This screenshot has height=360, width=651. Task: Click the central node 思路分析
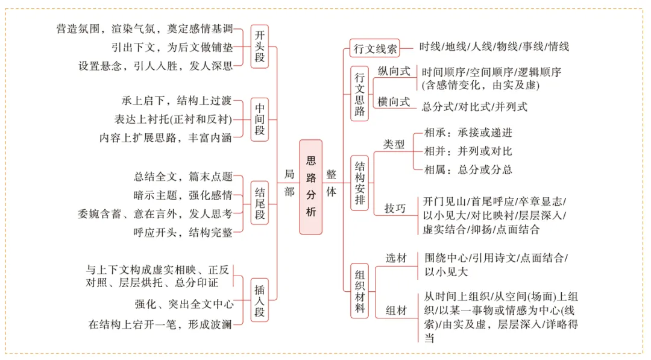click(310, 186)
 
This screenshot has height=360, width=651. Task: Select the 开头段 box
click(260, 46)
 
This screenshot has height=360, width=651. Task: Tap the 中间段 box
click(260, 119)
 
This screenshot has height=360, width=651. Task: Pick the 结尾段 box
click(260, 204)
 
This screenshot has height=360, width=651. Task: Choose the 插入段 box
click(260, 299)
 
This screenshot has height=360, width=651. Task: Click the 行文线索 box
click(375, 48)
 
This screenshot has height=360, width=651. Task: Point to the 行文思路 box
click(360, 93)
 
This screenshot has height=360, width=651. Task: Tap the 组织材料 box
click(360, 291)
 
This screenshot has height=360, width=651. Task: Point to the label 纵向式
click(394, 71)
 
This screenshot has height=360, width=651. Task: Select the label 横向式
click(394, 101)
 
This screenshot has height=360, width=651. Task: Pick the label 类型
click(394, 145)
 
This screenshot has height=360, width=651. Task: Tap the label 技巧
click(395, 209)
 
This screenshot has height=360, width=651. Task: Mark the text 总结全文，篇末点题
click(183, 177)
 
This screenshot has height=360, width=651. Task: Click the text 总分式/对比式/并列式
click(474, 107)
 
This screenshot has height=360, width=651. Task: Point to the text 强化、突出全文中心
click(184, 303)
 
